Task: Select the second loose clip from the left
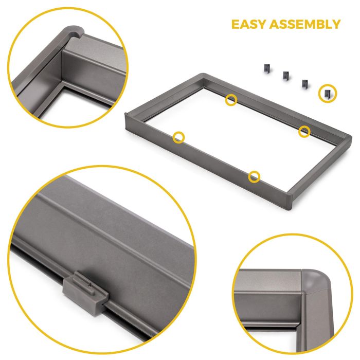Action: pos(285,76)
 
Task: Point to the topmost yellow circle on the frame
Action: pos(231,100)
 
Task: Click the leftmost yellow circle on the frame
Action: pos(178,137)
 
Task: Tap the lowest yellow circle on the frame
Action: pos(254,177)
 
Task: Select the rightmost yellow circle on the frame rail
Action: pos(305,131)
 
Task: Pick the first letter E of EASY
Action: pos(236,24)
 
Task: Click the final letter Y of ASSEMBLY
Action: pos(335,24)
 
